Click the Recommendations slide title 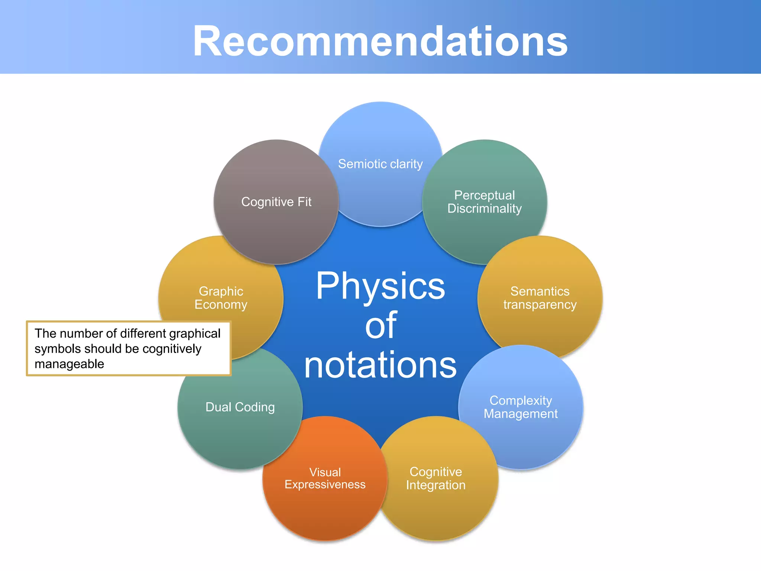pyautogui.click(x=380, y=41)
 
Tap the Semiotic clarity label pyautogui.click(x=380, y=164)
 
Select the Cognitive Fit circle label pyautogui.click(x=276, y=202)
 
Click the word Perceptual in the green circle pyautogui.click(x=484, y=195)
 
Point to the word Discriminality pyautogui.click(x=484, y=209)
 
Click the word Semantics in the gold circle pyautogui.click(x=540, y=291)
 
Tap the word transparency pyautogui.click(x=540, y=305)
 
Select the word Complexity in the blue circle pyautogui.click(x=521, y=400)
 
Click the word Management pyautogui.click(x=521, y=414)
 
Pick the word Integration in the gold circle pyautogui.click(x=435, y=485)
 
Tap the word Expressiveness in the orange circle pyautogui.click(x=325, y=485)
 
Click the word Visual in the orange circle pyautogui.click(x=325, y=472)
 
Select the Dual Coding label pyautogui.click(x=240, y=407)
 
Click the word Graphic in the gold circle pyautogui.click(x=221, y=291)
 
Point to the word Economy pyautogui.click(x=221, y=304)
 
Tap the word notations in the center pyautogui.click(x=380, y=365)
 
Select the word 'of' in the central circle pyautogui.click(x=380, y=326)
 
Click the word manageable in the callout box pyautogui.click(x=69, y=364)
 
